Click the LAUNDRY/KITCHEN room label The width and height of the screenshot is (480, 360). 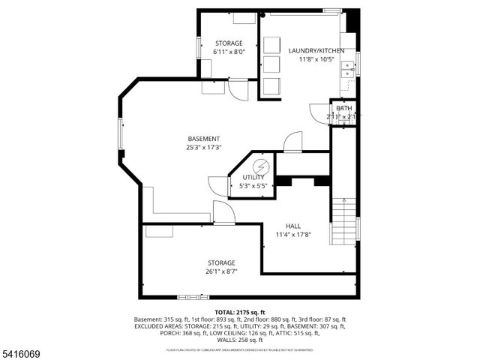[x=316, y=50]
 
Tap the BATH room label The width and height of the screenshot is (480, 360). [x=343, y=109]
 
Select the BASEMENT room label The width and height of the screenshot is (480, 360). [x=203, y=139]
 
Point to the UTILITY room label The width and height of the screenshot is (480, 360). [x=253, y=177]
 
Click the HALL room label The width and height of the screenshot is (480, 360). [x=292, y=226]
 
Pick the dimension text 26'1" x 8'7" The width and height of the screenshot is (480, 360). [x=221, y=271]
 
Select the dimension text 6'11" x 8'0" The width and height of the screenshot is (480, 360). [x=228, y=52]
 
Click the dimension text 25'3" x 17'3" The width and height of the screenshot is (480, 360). [x=203, y=148]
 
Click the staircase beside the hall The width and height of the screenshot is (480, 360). [x=343, y=217]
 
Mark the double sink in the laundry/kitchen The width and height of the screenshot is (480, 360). [x=346, y=70]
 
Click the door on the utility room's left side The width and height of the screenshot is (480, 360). [x=217, y=186]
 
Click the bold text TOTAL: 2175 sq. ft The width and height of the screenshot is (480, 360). [x=240, y=311]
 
